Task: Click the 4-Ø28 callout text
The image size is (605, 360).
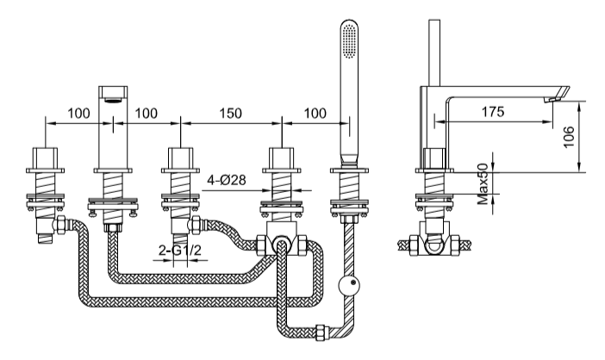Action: [228, 181]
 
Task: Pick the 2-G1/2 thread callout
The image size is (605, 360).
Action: [178, 251]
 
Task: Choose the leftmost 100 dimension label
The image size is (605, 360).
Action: [79, 114]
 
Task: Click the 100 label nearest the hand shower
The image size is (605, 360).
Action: [315, 114]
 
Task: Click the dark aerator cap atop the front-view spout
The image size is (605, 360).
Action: [113, 93]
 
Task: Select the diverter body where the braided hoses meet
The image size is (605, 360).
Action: [282, 244]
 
